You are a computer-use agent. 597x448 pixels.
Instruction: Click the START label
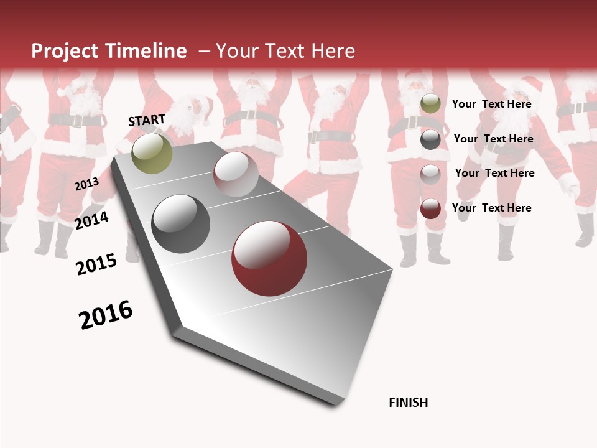[x=147, y=120]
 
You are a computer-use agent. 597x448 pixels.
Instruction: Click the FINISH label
[x=409, y=403]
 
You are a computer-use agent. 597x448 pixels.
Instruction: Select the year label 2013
[x=86, y=184]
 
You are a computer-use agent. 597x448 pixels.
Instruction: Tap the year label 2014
[x=92, y=220]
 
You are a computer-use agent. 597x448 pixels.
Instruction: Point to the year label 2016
[x=106, y=315]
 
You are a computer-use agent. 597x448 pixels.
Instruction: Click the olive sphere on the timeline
[x=152, y=153]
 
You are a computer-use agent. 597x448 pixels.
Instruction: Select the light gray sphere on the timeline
[x=236, y=174]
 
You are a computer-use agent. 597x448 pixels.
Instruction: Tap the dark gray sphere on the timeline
[x=181, y=224]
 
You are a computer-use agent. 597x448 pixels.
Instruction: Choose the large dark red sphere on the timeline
[x=269, y=259]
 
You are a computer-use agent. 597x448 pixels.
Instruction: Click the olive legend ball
[x=430, y=103]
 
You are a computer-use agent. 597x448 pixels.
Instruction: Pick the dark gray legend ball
[x=430, y=139]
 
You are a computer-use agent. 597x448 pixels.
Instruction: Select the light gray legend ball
[x=430, y=174]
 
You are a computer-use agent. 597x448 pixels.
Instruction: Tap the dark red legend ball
[x=430, y=208]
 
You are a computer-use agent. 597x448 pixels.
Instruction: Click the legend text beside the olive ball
[x=491, y=104]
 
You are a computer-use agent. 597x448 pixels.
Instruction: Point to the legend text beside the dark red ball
[x=491, y=208]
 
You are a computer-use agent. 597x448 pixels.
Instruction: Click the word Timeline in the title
[x=146, y=51]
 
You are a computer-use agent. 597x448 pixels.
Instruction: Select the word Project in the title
[x=65, y=51]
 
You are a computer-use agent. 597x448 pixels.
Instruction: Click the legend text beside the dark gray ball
[x=493, y=139]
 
